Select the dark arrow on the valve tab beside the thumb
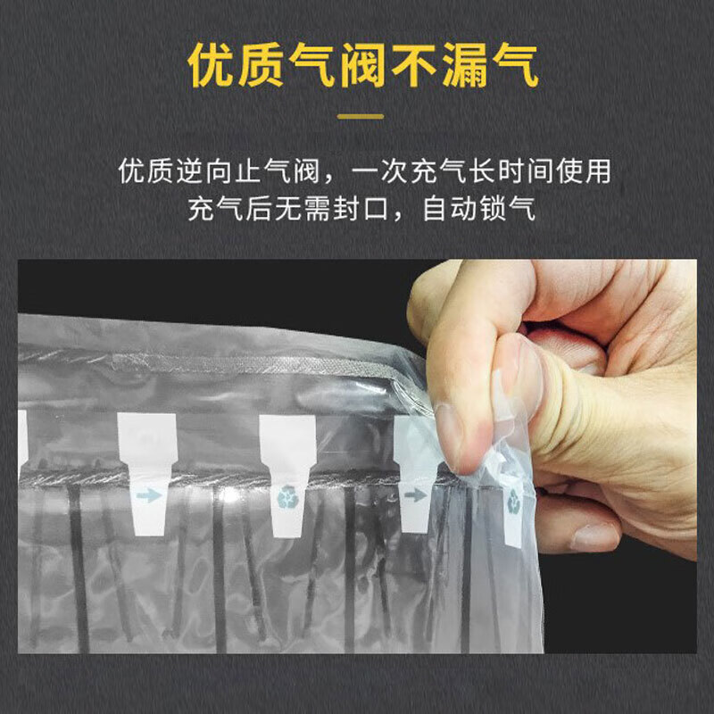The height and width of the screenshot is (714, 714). coord(414,493)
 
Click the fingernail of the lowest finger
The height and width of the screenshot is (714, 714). coord(594,536)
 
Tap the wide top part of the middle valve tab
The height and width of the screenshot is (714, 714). coord(287,438)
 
